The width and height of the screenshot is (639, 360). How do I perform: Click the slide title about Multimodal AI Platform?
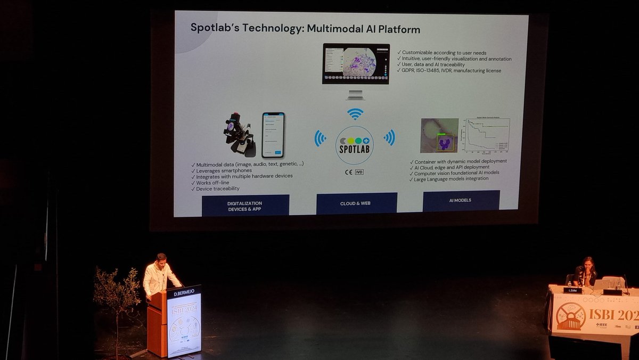(x=305, y=29)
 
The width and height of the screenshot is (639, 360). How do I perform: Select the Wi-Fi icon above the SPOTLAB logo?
(x=355, y=113)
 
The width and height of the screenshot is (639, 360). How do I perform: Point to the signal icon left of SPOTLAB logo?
(x=320, y=138)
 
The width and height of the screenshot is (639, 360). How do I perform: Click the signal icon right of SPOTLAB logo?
(x=389, y=137)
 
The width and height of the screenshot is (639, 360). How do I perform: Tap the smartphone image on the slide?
(x=273, y=135)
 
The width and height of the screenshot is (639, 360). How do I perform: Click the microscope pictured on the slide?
(x=238, y=134)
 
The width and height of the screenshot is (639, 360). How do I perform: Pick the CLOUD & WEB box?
(x=356, y=203)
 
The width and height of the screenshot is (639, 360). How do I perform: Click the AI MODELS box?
(x=461, y=200)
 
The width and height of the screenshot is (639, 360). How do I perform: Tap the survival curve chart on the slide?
(x=487, y=137)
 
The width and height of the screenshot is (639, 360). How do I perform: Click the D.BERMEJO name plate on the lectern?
(x=184, y=292)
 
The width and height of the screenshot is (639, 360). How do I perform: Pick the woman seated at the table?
(x=585, y=272)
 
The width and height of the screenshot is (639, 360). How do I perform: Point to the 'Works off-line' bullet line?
(x=212, y=183)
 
